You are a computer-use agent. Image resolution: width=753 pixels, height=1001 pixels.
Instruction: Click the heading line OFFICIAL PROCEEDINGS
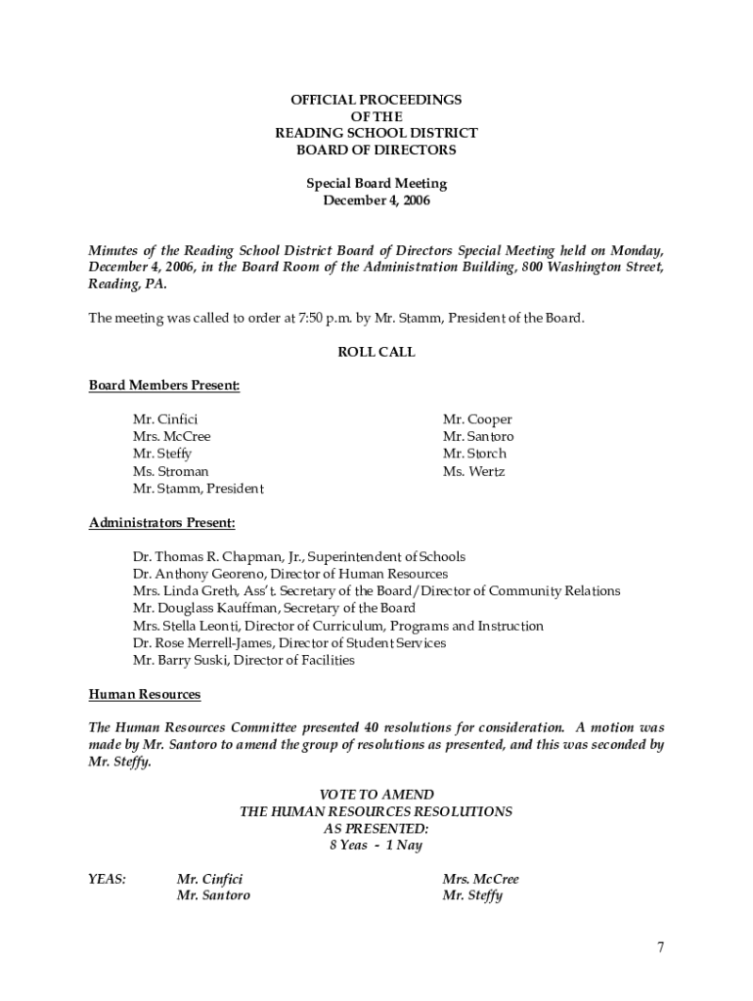376,100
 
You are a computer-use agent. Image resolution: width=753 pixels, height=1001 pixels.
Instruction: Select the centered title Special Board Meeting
376,184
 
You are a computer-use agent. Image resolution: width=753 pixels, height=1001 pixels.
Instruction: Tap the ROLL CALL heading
376,352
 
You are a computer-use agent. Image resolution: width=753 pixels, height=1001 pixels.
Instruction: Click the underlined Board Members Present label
164,385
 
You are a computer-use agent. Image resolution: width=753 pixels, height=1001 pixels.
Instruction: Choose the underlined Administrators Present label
162,523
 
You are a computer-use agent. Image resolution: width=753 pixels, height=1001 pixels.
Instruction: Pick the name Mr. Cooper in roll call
476,419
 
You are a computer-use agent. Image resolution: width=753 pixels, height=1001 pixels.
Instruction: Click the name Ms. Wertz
473,471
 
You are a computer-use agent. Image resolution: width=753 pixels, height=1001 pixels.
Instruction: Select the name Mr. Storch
474,454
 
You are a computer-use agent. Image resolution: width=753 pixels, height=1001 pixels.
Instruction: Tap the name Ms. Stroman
170,471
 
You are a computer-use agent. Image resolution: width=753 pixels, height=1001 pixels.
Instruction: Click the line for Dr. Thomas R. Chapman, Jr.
298,557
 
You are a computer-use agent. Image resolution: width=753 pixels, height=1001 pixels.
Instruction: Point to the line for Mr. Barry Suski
244,660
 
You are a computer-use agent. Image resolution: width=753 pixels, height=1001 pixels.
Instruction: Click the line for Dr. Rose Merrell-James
288,643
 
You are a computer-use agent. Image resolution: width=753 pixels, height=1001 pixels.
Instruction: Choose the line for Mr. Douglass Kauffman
274,608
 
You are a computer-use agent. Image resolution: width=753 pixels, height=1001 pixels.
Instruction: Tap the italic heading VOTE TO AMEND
376,795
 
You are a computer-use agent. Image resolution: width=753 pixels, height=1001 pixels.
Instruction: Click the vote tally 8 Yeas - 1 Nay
376,846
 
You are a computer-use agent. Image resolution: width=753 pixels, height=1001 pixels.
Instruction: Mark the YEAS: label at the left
108,879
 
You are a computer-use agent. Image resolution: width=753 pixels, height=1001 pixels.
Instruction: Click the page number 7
661,947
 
